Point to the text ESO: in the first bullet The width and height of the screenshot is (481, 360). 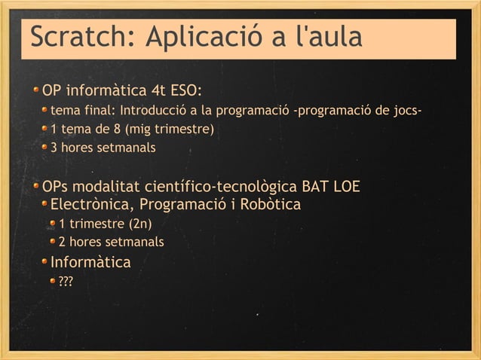(x=184, y=92)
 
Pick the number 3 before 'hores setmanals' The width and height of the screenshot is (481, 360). (x=54, y=148)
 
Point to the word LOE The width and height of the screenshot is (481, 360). (x=345, y=186)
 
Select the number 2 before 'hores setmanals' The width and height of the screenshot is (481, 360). (x=63, y=242)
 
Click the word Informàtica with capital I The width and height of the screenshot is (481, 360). (x=90, y=262)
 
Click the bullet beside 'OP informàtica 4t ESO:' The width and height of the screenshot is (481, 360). (x=35, y=92)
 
